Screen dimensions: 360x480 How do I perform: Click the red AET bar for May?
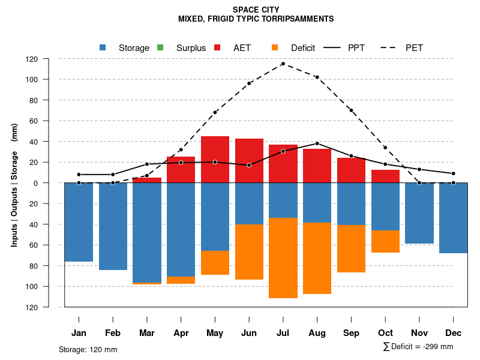[215, 160]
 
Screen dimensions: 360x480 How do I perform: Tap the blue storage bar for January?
[79, 222]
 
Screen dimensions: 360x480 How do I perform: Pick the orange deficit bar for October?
[386, 241]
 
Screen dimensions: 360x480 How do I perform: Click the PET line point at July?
[283, 64]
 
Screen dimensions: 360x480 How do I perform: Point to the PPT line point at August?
[317, 143]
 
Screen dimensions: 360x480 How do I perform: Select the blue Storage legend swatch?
[103, 47]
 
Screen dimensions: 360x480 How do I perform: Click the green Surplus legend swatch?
[160, 47]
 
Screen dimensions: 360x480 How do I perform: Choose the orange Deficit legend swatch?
[275, 47]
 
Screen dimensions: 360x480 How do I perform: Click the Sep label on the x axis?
[351, 333]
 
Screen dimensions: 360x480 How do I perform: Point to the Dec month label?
[454, 333]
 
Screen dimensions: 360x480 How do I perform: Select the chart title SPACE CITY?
[256, 10]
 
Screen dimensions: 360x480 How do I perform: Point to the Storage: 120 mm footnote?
[88, 349]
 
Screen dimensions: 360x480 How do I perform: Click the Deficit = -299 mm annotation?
[418, 347]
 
